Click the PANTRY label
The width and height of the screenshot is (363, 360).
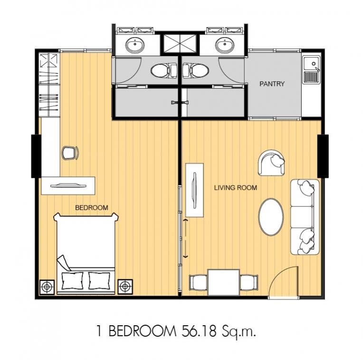point(272,84)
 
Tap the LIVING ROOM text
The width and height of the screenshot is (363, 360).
point(236,187)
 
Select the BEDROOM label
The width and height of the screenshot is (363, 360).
point(92,207)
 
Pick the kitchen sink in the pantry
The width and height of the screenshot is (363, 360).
point(312,69)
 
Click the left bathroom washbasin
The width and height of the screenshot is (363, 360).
point(135,45)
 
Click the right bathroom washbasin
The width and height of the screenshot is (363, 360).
point(225,45)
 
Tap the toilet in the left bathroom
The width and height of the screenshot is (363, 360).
point(164,71)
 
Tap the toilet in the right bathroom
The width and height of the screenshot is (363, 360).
point(196,71)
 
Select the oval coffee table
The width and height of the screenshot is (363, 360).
point(271,217)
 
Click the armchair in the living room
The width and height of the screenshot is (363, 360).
point(272,163)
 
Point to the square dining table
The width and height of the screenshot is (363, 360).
point(224,282)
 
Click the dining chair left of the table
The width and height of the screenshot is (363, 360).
point(198,282)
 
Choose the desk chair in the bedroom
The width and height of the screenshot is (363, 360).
point(70,153)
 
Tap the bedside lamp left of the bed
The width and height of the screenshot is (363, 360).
point(47,287)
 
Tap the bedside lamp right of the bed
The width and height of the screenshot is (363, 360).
point(125,287)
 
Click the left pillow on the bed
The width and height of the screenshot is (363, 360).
point(73,281)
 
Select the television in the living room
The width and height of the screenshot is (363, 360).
point(194,190)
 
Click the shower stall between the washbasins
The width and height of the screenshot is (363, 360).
point(180,44)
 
